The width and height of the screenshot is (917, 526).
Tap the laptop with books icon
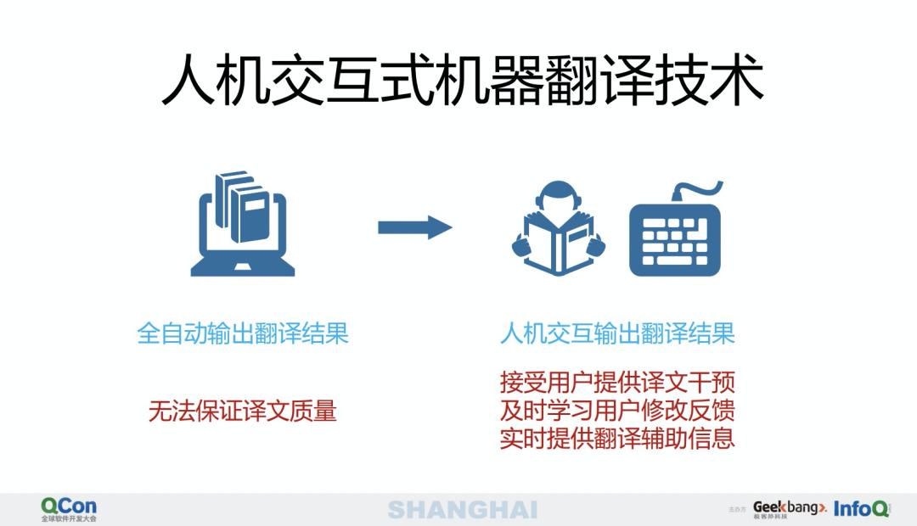[x=243, y=225]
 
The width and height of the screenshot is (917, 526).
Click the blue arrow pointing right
[x=414, y=227]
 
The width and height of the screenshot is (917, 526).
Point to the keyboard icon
[x=675, y=240]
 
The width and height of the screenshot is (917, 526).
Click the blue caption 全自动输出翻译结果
[x=243, y=333]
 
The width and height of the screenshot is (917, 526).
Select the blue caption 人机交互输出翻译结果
[x=617, y=333]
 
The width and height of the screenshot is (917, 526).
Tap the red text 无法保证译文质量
[x=243, y=411]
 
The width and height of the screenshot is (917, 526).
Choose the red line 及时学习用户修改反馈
[x=617, y=411]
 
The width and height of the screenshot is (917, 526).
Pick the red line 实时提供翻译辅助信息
[x=617, y=439]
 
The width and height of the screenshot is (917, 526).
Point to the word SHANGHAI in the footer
[x=463, y=509]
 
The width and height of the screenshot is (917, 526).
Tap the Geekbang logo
[x=788, y=509]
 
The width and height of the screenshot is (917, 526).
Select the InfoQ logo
[x=861, y=509]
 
